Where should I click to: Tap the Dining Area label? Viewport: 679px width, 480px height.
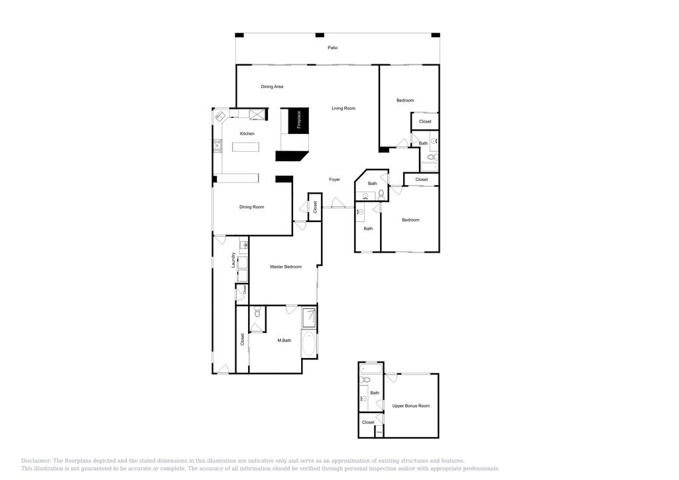[x=272, y=87]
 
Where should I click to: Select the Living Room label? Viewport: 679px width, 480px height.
[x=343, y=108]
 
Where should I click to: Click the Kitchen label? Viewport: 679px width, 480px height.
[x=247, y=134]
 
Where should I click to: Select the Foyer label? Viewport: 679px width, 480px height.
[x=335, y=180]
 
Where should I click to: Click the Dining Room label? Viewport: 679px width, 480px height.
[x=251, y=207]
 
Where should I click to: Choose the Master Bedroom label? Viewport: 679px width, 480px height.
[x=285, y=267]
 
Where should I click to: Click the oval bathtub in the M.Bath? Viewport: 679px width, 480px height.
[x=309, y=344]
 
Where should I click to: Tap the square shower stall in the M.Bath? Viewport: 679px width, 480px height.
[x=309, y=318]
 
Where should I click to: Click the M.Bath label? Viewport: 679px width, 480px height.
[x=284, y=341]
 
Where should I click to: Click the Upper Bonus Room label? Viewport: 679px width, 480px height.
[x=410, y=406]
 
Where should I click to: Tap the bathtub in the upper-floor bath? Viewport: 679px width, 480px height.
[x=371, y=368]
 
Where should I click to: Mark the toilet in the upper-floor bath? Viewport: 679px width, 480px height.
[x=365, y=381]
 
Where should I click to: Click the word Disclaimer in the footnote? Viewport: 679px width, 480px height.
[x=36, y=461]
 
